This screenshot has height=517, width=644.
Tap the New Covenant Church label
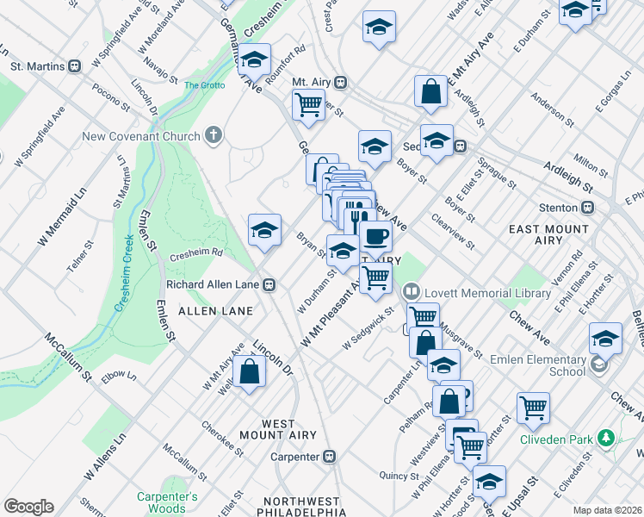point(141,136)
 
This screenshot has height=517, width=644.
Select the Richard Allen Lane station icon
point(269,283)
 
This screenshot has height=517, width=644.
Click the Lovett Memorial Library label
point(486,293)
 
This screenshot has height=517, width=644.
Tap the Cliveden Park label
point(556,439)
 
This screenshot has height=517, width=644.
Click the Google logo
point(28,507)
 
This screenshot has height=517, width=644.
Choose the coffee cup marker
point(374,235)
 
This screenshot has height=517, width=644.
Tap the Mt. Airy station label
point(312,83)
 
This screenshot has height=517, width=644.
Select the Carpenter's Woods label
point(167,502)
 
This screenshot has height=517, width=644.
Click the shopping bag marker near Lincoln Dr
point(249,372)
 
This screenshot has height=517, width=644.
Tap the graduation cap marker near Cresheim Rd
point(264,229)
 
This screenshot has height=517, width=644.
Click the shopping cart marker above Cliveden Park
point(534,408)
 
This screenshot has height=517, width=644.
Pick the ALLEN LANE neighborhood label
point(215,310)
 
